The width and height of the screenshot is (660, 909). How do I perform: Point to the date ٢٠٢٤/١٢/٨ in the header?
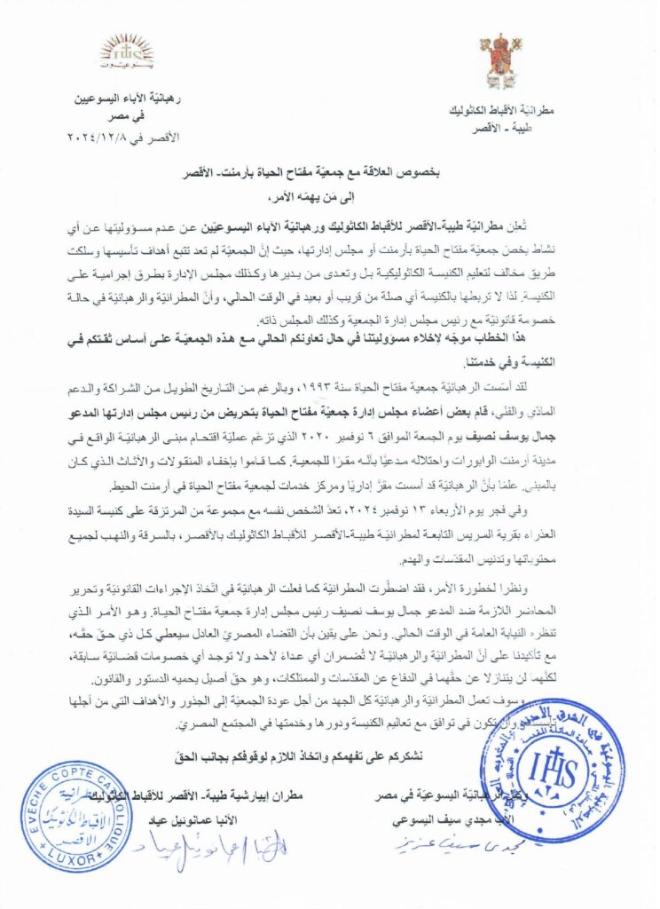click(x=98, y=138)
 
